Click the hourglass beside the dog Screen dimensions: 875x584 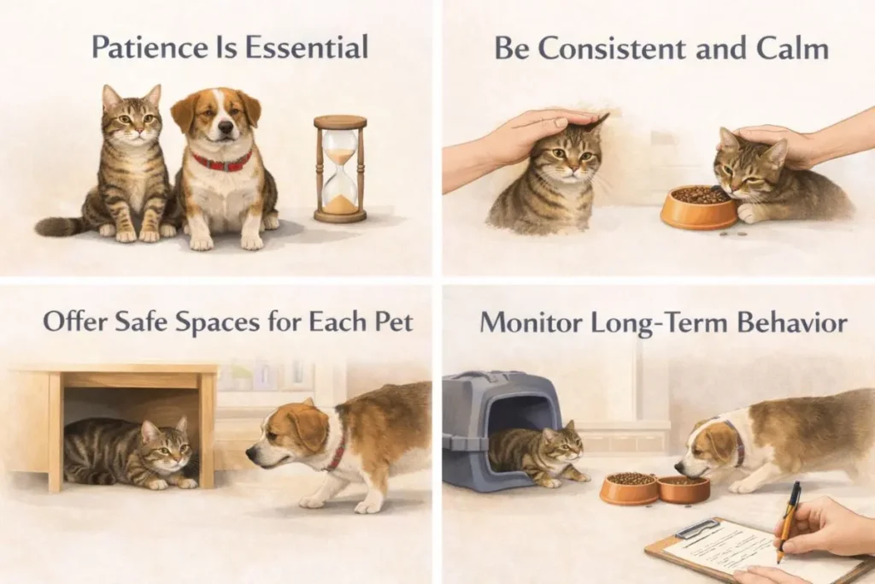click(340, 169)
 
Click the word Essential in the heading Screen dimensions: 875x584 click(307, 47)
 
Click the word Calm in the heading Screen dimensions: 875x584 click(792, 49)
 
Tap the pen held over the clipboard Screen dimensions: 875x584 click(787, 521)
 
